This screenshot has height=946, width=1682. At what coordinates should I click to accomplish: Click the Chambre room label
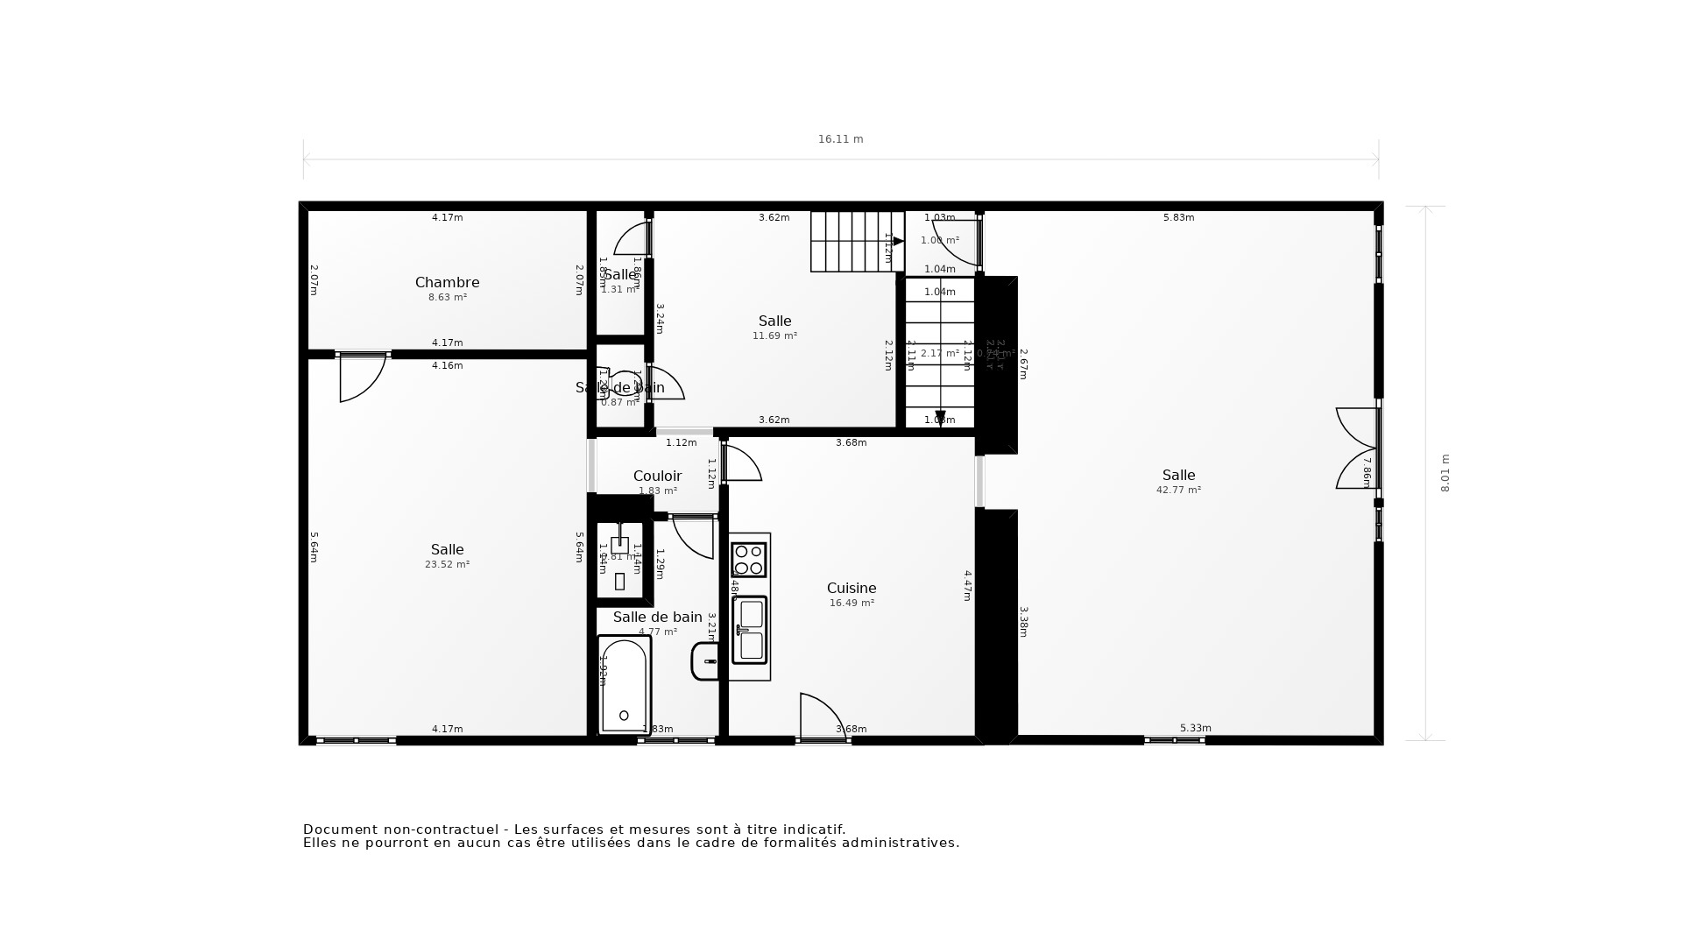point(447,282)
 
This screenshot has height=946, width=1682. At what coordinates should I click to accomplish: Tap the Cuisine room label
point(852,588)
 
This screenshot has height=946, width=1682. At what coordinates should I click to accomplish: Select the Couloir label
point(657,476)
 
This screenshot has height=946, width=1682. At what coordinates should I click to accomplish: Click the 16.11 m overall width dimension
point(840,139)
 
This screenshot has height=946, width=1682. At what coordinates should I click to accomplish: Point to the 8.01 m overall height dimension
point(1445,473)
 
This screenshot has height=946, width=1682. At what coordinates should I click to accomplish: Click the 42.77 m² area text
point(1178,491)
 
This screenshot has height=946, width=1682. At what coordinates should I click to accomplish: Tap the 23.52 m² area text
point(447,565)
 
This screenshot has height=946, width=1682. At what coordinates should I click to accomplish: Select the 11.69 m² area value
point(774,335)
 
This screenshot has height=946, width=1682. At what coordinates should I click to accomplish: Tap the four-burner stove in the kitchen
point(749,560)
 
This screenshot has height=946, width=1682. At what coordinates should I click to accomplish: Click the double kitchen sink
point(750,630)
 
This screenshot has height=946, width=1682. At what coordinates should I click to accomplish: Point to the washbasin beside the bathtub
point(706,661)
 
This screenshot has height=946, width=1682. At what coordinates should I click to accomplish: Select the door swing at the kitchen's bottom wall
point(821,717)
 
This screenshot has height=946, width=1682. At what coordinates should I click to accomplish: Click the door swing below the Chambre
point(361,378)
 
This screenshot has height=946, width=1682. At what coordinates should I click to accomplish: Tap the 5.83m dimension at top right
point(1178,217)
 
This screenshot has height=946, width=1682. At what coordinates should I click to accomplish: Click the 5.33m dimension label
point(1195,728)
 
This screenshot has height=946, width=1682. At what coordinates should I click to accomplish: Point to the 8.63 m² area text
point(447,298)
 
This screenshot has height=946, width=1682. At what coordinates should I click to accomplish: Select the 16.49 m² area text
point(852,604)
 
